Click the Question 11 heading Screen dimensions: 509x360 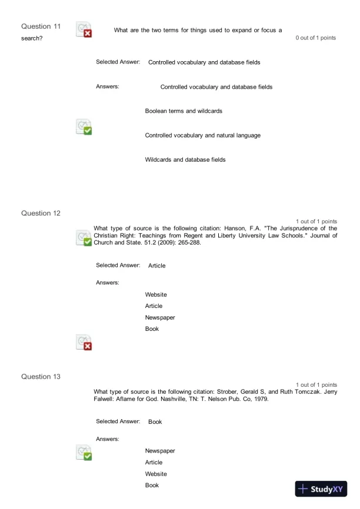click(41, 26)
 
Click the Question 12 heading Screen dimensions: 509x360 click(41, 213)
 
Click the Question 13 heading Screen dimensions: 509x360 click(41, 376)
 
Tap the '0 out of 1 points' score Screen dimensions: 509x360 click(316, 38)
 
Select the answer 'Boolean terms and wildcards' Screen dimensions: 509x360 click(184, 110)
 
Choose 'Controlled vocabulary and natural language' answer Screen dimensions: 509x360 click(203, 135)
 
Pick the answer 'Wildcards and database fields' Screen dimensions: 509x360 click(185, 159)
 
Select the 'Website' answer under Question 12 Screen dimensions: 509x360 click(156, 294)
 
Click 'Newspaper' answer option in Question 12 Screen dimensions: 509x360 click(160, 317)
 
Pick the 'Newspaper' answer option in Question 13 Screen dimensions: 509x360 click(160, 451)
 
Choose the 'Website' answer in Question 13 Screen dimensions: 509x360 click(156, 474)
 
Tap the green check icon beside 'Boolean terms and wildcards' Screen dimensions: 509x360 click(84, 126)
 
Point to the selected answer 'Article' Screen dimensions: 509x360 click(157, 266)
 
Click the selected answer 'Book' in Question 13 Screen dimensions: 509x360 click(155, 422)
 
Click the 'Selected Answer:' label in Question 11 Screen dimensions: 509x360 click(118, 62)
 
